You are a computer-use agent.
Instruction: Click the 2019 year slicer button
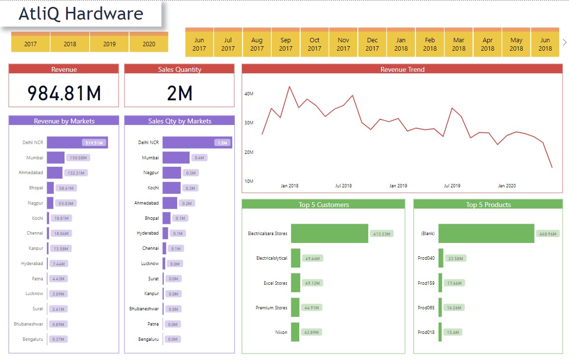[109, 44]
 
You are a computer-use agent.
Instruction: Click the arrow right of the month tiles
[564, 43]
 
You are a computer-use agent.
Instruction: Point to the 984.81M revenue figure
[64, 92]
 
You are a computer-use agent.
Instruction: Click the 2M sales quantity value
[180, 92]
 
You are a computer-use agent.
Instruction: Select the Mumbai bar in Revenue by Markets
[56, 158]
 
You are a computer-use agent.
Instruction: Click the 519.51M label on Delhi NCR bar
[94, 143]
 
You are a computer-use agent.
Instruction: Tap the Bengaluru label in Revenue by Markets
[33, 339]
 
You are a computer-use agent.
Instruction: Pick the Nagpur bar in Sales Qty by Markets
[172, 173]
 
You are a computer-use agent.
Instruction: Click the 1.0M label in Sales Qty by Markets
[221, 143]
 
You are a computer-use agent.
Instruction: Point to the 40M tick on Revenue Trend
[249, 93]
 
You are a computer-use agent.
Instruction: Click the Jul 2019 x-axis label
[452, 186]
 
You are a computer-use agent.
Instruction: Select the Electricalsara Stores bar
[329, 234]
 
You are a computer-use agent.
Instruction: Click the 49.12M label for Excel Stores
[312, 283]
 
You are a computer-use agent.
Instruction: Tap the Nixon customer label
[281, 332]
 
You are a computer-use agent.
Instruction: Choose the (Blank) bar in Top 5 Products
[486, 234]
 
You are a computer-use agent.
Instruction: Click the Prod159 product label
[426, 283]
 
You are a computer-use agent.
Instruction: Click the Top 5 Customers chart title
[323, 205]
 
